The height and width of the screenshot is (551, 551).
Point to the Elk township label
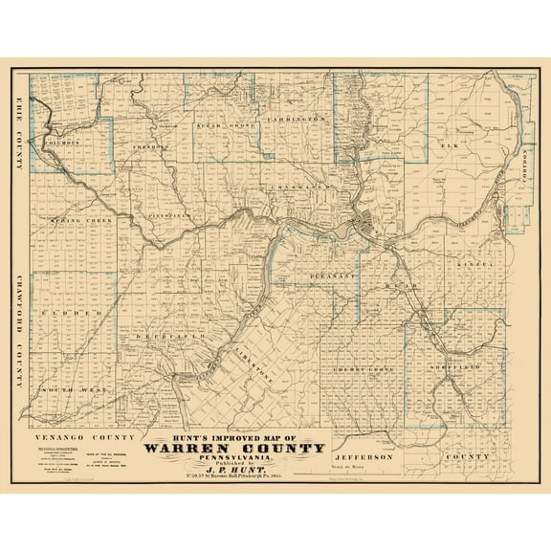[450, 144]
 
